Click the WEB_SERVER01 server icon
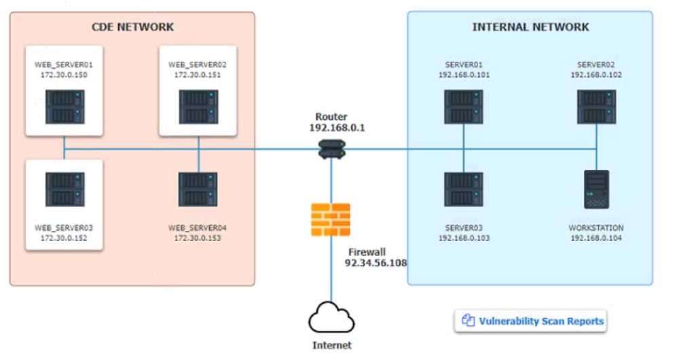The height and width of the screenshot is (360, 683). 64,107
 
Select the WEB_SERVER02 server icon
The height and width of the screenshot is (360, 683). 198,107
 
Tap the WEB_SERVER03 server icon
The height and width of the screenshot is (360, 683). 64,189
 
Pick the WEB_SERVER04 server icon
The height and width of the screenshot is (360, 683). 198,189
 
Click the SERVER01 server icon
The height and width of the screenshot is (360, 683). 464,107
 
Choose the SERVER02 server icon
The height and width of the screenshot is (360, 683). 596,107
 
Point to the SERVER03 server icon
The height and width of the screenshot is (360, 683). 464,189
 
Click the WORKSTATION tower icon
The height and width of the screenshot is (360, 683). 596,189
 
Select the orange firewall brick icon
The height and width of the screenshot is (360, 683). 331,219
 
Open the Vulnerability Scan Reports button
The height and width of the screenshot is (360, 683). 530,321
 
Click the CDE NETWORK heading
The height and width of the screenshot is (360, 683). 133,27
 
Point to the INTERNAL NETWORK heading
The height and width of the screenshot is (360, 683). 530,27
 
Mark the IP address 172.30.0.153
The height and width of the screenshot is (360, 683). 198,238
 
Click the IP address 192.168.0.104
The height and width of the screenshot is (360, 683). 596,238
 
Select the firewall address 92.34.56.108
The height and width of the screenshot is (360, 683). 375,262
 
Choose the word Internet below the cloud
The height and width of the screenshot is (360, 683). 332,345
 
